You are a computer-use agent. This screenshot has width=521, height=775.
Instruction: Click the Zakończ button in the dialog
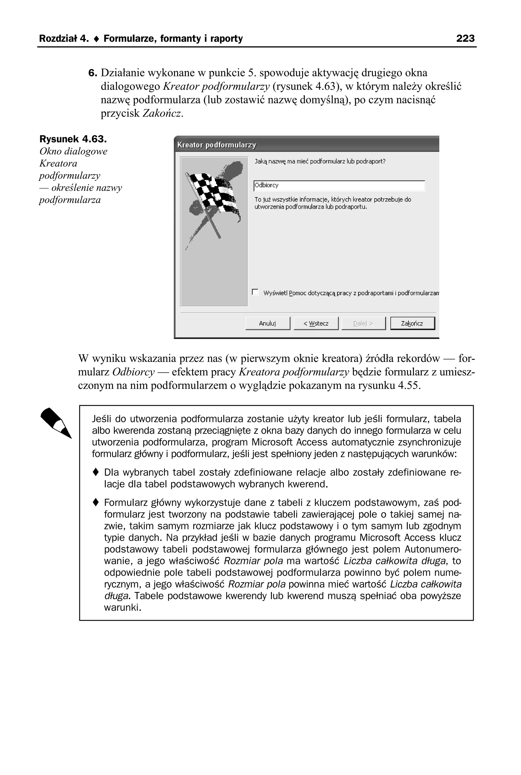tap(412, 323)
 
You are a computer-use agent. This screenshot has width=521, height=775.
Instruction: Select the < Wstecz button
tap(316, 323)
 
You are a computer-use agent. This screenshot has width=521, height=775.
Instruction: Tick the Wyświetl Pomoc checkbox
tap(255, 292)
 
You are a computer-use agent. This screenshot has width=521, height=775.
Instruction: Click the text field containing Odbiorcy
tap(339, 186)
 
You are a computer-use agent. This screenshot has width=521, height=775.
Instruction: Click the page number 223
tap(465, 38)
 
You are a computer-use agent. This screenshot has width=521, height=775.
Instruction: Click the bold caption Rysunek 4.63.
tap(73, 139)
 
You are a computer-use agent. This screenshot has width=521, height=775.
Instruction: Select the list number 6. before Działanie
tap(93, 73)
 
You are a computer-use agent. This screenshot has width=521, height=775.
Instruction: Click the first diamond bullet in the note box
tap(96, 472)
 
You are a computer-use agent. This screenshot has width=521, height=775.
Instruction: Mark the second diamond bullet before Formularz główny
tap(96, 502)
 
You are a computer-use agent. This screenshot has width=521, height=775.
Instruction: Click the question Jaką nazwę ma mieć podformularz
tap(320, 162)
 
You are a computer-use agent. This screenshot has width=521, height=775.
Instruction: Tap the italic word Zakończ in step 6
tap(162, 114)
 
